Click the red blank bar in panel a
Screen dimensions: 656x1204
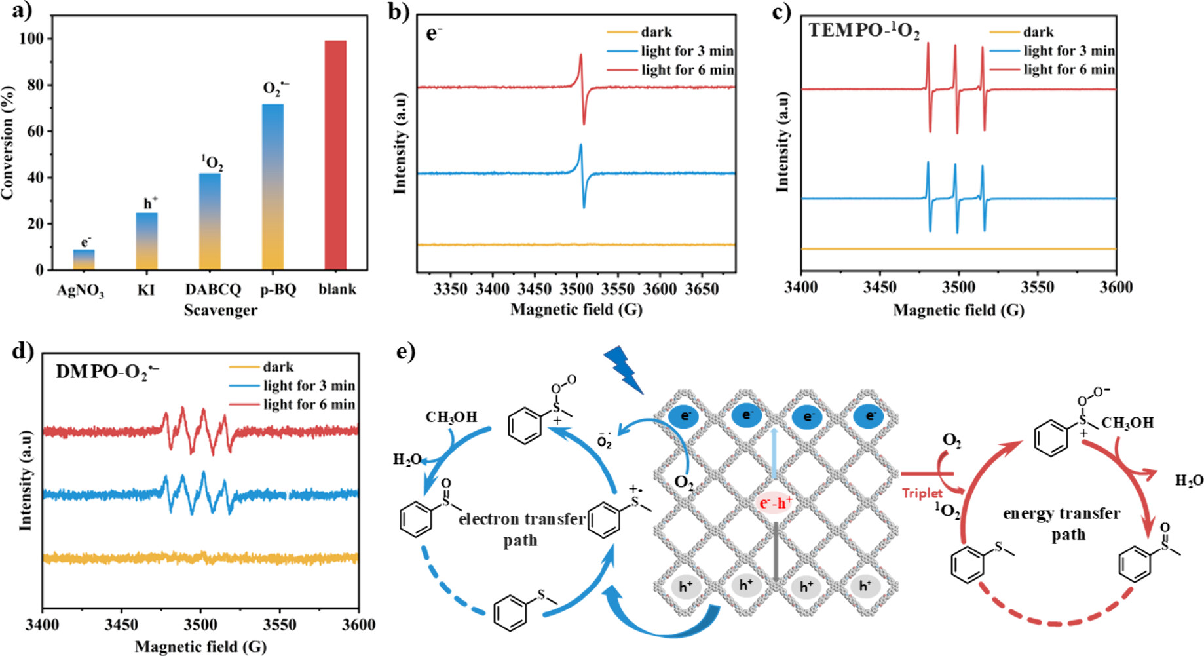click(x=335, y=155)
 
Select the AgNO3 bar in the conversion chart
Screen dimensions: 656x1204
click(x=84, y=260)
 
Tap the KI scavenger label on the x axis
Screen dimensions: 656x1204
click(x=145, y=290)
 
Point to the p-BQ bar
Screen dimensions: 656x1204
click(x=273, y=187)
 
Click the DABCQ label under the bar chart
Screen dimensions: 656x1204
click(x=213, y=290)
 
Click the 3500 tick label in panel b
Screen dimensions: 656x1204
click(x=576, y=289)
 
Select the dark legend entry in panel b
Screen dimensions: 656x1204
click(x=656, y=32)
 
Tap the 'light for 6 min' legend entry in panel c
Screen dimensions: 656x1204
click(x=1068, y=69)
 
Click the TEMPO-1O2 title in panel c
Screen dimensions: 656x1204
click(x=863, y=31)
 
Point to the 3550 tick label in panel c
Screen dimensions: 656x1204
click(x=1037, y=287)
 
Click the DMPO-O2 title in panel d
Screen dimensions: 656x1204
click(x=107, y=372)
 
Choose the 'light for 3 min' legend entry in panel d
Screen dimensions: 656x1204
click(x=309, y=385)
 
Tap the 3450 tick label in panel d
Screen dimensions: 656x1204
click(x=122, y=624)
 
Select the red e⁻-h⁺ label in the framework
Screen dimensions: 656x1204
click(x=776, y=503)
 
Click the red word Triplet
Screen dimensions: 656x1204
click(x=922, y=493)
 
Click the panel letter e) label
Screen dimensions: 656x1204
click(x=406, y=353)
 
